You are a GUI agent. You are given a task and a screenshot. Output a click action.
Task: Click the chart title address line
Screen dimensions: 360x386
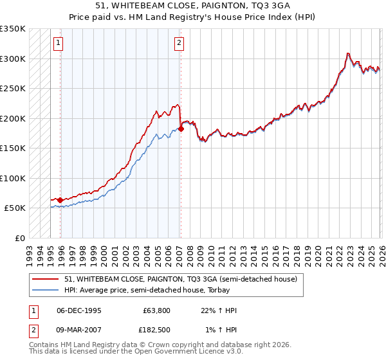click(193, 6)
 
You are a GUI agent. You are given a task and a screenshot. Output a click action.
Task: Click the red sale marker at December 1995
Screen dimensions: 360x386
click(60, 200)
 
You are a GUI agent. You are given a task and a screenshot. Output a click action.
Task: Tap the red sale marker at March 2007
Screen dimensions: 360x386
click(181, 129)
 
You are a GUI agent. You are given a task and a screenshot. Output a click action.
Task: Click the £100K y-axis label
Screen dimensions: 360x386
click(13, 178)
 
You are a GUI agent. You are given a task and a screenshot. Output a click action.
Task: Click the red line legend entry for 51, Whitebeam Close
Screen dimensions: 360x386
click(180, 279)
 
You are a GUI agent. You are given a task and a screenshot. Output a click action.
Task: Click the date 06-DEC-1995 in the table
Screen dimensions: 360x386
click(78, 310)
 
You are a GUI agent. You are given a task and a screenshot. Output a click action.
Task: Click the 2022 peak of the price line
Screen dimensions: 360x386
click(347, 53)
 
